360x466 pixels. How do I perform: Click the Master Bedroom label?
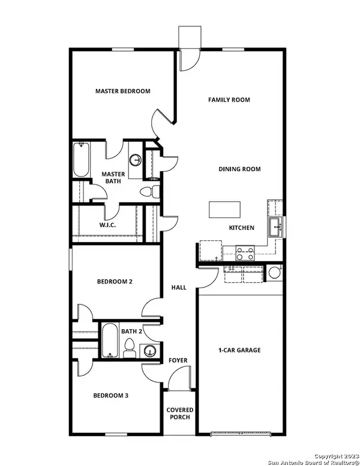pos(122,91)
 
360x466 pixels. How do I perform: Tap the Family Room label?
pos(229,100)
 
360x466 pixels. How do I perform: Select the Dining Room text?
pos(239,169)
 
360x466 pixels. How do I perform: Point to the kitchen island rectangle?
pos(224,210)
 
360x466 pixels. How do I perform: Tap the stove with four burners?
pos(245,253)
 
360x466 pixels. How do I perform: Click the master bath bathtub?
pos(80,160)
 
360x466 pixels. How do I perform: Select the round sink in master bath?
pos(136,160)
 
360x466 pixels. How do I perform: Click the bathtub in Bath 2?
pos(109,341)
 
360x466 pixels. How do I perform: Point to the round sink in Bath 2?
pos(149,350)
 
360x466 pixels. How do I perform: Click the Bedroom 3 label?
pos(110,396)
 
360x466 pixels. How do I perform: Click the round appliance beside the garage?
pos(275,272)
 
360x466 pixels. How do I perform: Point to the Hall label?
pos(178,288)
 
